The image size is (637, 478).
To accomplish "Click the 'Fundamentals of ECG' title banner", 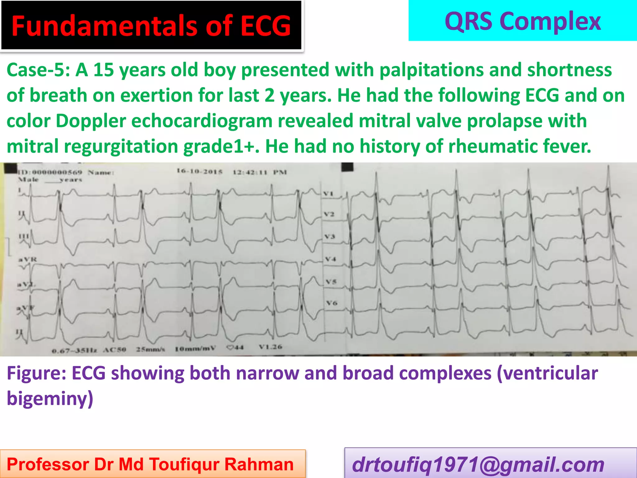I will pos(151,26).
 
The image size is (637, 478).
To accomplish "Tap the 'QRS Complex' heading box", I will pos(523,21).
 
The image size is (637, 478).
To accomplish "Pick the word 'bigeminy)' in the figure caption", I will pos(50,399).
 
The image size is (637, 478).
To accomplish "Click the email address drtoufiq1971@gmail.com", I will pos(478,465).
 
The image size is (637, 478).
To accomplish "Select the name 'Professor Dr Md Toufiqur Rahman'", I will pos(150,464).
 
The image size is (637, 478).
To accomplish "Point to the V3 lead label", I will pos(329,237).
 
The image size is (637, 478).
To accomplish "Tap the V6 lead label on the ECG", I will pos(332,302).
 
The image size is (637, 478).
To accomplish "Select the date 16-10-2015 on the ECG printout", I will pos(200,171).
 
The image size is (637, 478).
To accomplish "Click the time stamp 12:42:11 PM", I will pos(260,172).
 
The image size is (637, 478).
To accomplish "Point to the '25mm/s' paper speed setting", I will pos(151,349).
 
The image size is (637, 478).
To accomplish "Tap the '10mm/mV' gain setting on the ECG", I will pos(195,349).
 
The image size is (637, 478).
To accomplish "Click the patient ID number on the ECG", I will pos(50,172).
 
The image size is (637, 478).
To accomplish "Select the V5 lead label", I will pos(331,282).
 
